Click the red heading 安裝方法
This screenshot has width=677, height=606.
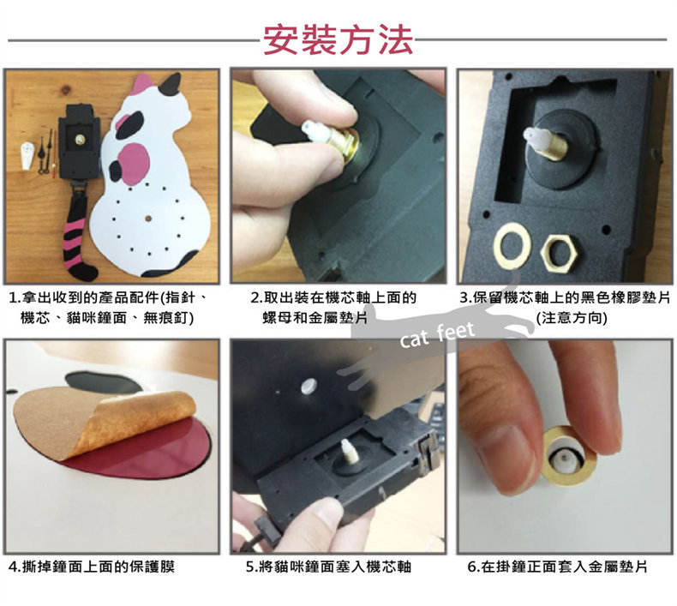[x=338, y=39]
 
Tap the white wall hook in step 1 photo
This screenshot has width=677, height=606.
[x=27, y=154]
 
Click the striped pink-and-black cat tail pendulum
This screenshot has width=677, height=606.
[x=77, y=232]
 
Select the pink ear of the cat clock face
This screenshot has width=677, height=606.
[x=142, y=84]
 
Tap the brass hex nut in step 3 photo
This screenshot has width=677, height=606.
[x=560, y=253]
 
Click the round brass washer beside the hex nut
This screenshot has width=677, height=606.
[x=514, y=245]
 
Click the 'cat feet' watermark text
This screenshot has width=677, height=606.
[x=437, y=335]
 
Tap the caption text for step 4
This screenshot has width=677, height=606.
[x=92, y=567]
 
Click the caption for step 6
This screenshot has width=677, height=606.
[x=557, y=567]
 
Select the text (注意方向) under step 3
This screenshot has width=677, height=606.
[x=572, y=318]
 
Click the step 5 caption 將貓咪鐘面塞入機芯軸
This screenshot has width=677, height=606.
[x=328, y=567]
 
